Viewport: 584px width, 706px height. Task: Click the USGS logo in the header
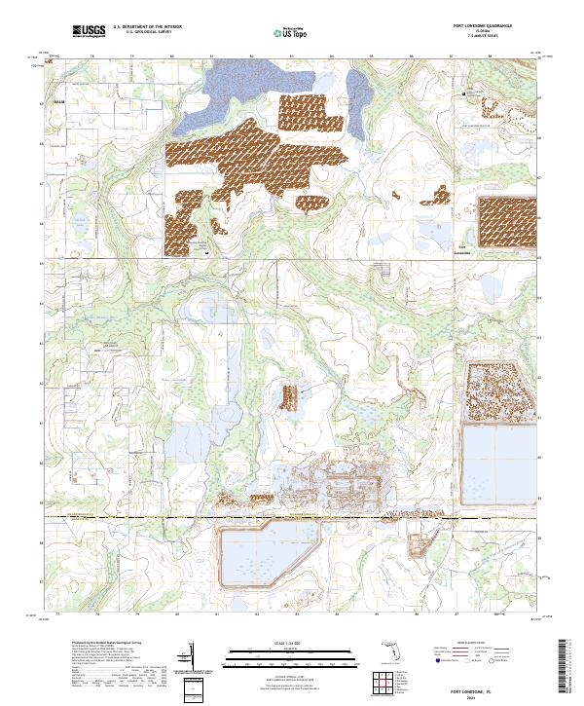point(89,32)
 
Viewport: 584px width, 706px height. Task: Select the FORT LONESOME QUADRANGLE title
point(482,25)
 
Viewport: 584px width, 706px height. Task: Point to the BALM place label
point(58,100)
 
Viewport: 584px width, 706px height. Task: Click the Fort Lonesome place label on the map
point(464,247)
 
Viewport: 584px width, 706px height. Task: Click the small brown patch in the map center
point(289,396)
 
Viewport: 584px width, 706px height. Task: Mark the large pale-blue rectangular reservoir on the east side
point(498,463)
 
